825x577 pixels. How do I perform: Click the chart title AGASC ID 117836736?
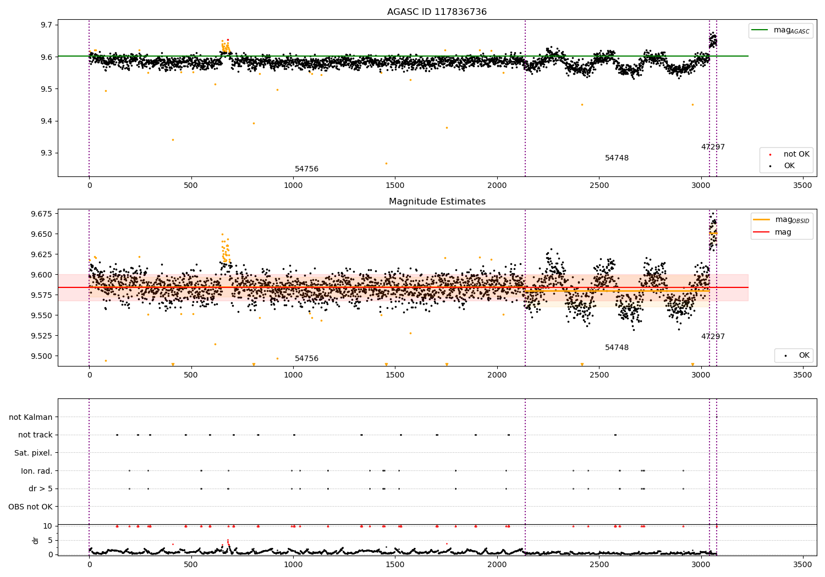tap(437, 12)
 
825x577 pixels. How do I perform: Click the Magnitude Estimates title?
tap(437, 202)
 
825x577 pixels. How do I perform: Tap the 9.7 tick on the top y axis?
tap(46, 25)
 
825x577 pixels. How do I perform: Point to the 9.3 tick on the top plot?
tap(46, 153)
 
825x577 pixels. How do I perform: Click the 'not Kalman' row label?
tap(31, 417)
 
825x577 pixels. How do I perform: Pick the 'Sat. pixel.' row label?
tap(33, 453)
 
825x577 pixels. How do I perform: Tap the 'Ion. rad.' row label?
tap(37, 471)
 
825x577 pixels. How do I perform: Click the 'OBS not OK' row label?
tap(30, 507)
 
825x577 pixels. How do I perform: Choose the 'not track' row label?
tap(35, 435)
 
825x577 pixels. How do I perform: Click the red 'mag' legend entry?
tap(783, 232)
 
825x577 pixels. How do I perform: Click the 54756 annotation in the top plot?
tap(306, 169)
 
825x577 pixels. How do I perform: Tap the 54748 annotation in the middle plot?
tap(617, 348)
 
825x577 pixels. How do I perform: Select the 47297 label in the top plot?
tap(713, 147)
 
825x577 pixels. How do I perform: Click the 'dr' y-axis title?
tap(36, 540)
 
